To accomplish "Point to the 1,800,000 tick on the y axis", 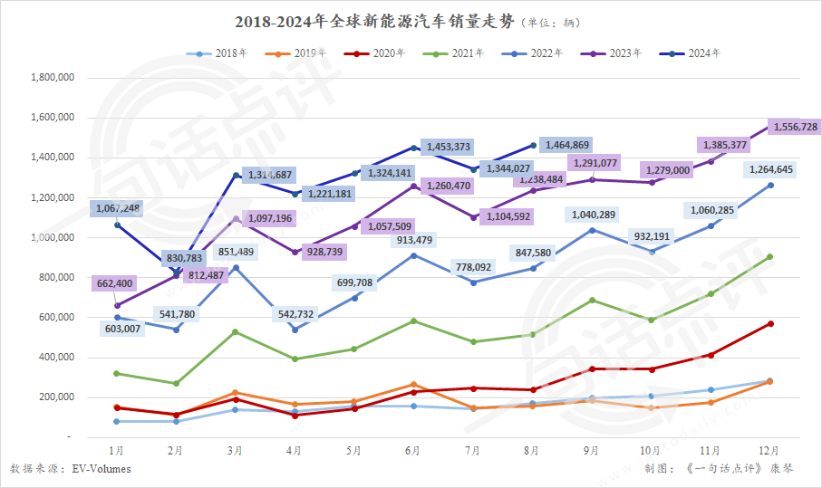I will (52, 78).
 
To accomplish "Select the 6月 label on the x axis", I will (413, 450).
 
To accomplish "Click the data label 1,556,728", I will (794, 128).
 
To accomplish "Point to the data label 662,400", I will (113, 283).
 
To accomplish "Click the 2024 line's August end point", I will (533, 145).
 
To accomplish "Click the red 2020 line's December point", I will (770, 323).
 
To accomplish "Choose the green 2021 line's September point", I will (592, 300).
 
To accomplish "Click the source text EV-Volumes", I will (102, 469).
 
